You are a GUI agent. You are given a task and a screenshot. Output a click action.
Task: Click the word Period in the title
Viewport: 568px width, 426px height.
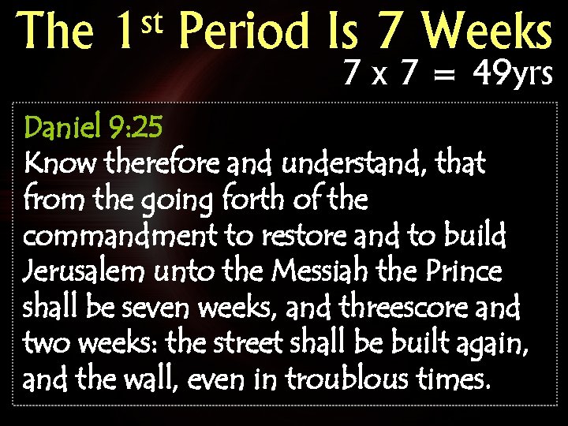click(x=244, y=33)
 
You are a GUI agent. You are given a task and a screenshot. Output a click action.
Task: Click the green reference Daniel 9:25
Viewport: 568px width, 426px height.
click(x=94, y=125)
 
